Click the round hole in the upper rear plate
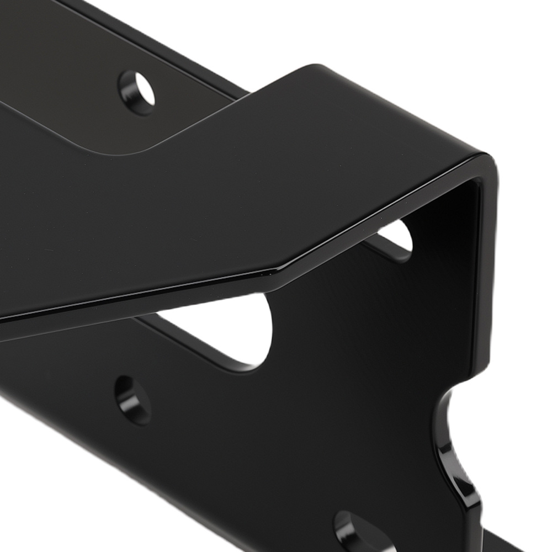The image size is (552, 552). (x=137, y=92)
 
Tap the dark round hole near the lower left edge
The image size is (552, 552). (x=133, y=400)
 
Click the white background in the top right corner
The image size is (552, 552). (x=497, y=44)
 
